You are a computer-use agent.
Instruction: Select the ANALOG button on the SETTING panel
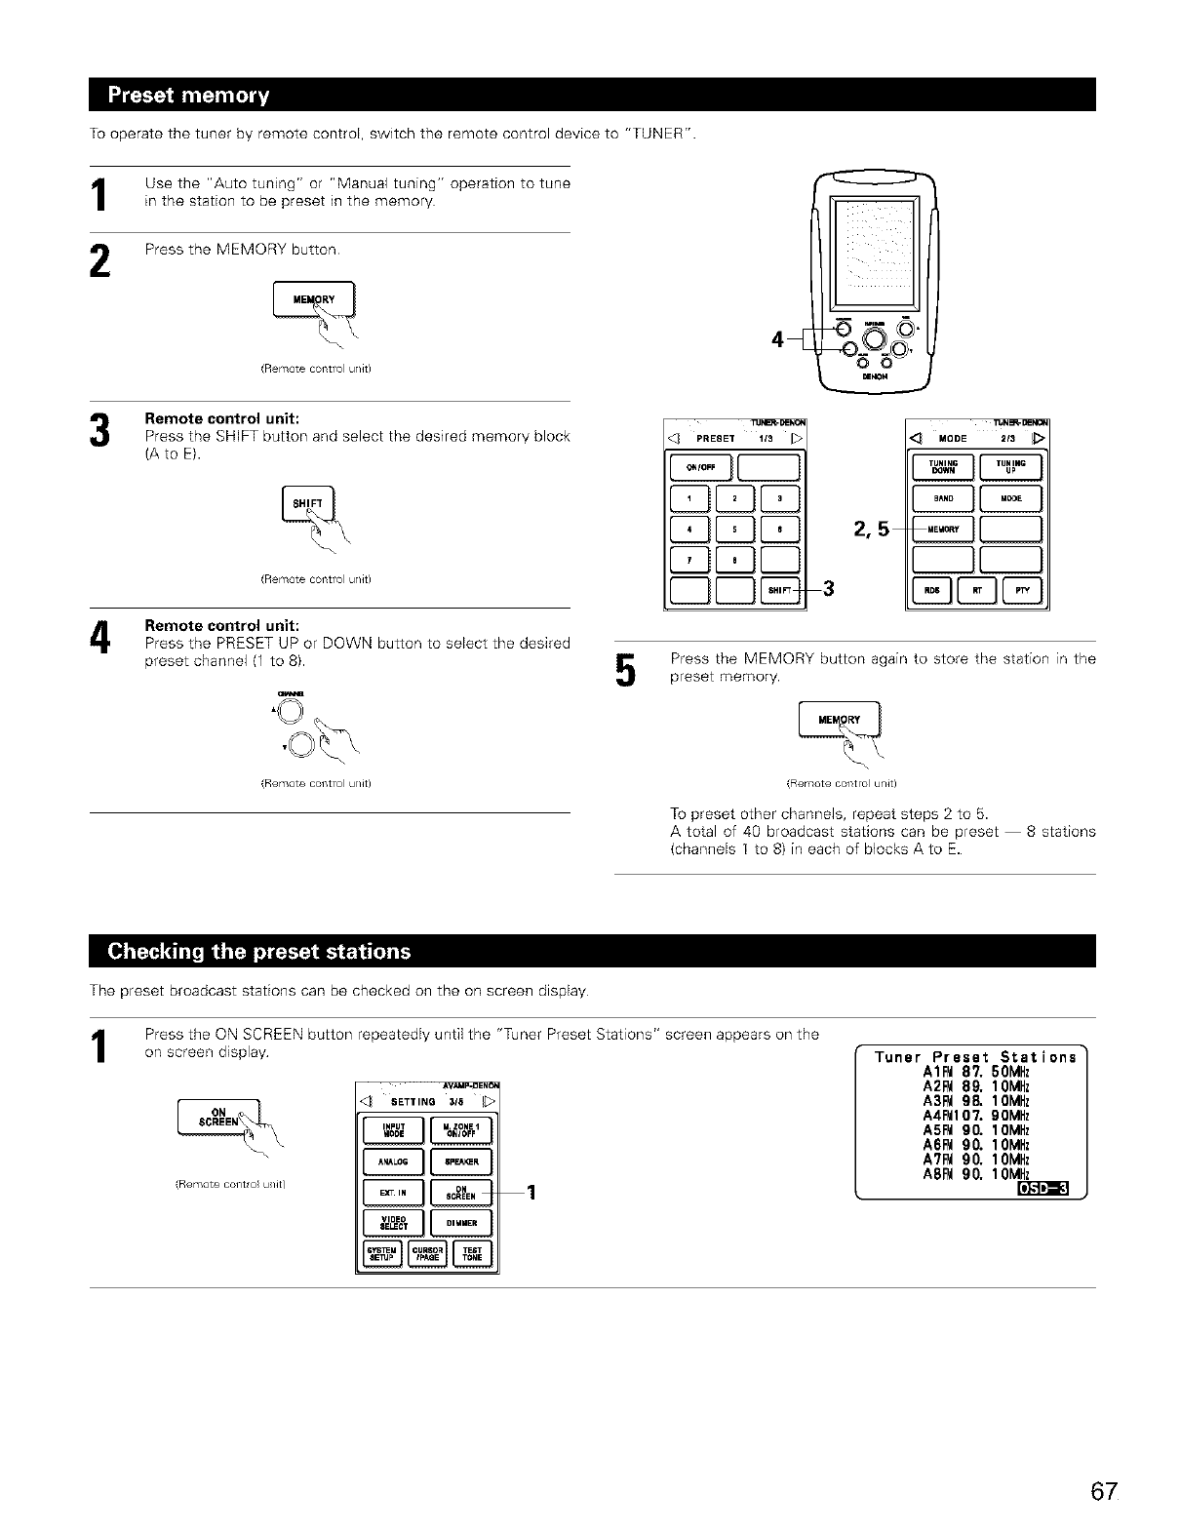pos(392,1161)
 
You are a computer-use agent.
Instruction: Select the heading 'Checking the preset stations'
pos(259,951)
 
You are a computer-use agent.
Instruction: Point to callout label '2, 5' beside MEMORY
pos(871,530)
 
